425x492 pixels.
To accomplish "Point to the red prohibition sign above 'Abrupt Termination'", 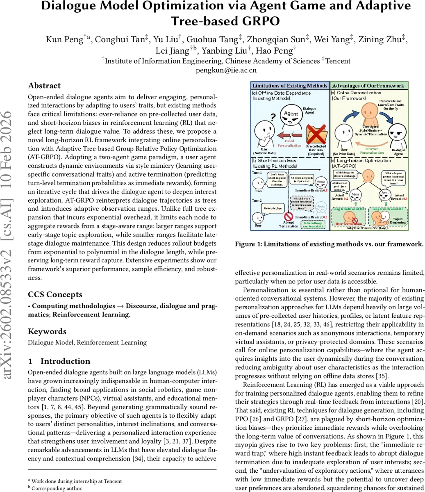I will (x=289, y=217).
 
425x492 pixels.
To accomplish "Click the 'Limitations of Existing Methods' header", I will (x=290, y=86).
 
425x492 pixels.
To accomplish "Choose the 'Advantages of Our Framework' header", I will (x=368, y=86).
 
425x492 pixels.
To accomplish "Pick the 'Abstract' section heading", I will (x=44, y=86).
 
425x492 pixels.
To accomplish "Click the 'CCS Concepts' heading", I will (x=55, y=294).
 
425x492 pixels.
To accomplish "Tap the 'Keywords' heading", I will (x=47, y=331).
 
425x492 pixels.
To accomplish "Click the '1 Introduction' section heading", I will (x=59, y=361).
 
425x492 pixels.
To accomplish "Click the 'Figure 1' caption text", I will (x=329, y=244).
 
